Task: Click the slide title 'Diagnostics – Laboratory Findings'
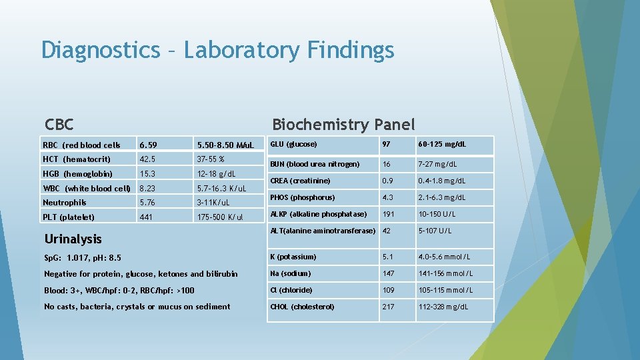coord(217,50)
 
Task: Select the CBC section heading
coord(59,125)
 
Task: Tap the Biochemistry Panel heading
coord(343,125)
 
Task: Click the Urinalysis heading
coord(73,239)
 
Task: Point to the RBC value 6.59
coord(148,145)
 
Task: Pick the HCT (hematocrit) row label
coord(77,159)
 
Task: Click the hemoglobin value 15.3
coord(148,174)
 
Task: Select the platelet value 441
coord(146,217)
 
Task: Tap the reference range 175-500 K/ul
coord(220,217)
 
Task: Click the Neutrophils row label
coord(65,203)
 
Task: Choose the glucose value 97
coord(386,145)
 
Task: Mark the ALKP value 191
coord(389,214)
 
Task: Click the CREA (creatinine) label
coord(300,181)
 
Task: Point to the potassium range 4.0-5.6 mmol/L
coord(446,257)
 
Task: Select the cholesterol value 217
coord(389,307)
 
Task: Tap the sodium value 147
coord(389,273)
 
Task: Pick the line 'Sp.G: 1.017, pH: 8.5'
coord(83,257)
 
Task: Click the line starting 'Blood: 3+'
coord(119,290)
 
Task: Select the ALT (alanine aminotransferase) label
coord(323,231)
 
